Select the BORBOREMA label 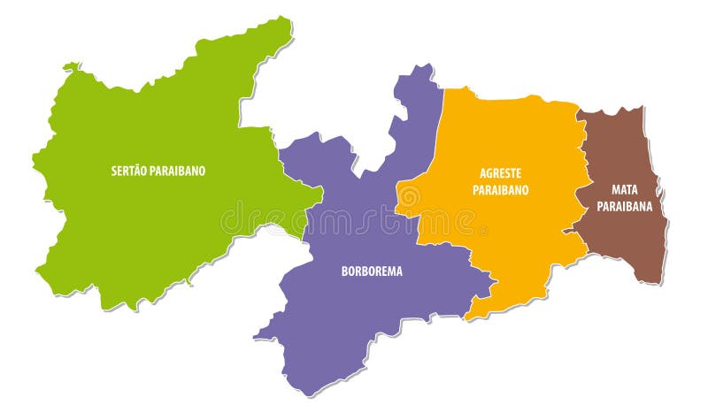pyautogui.click(x=372, y=271)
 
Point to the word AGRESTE pyautogui.click(x=500, y=174)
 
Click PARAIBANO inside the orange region pyautogui.click(x=500, y=189)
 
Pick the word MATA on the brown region pyautogui.click(x=624, y=188)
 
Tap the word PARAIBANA pyautogui.click(x=624, y=205)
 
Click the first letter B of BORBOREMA pyautogui.click(x=344, y=271)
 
